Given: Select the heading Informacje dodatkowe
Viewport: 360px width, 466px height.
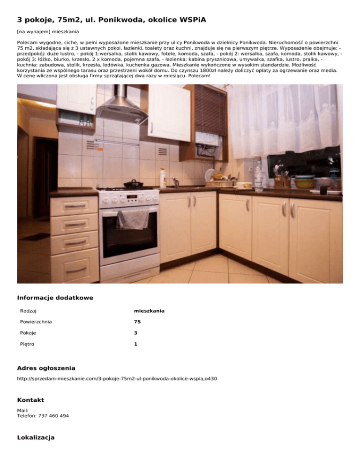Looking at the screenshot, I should (x=55, y=297).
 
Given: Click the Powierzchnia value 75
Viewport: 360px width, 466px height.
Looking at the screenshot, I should (x=137, y=322).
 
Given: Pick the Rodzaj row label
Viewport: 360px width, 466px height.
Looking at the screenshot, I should (x=29, y=311).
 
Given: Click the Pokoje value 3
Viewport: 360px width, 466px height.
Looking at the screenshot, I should (x=135, y=333).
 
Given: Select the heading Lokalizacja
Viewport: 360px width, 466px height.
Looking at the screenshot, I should (x=36, y=437).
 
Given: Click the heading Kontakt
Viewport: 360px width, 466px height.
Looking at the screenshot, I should (x=30, y=400).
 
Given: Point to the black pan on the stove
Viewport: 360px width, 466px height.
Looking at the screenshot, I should (x=134, y=183).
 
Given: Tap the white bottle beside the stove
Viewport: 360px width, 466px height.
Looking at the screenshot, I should (x=163, y=178).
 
